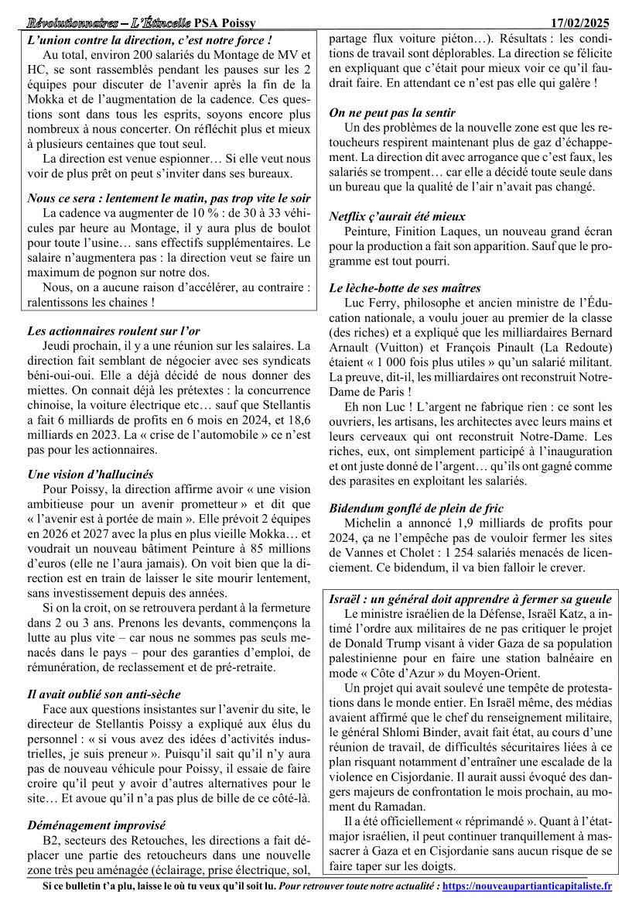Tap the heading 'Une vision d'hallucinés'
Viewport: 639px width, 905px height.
[x=90, y=474]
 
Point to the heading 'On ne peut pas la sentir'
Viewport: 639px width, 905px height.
[x=391, y=112]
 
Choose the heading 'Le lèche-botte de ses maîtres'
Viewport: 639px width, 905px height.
[x=405, y=288]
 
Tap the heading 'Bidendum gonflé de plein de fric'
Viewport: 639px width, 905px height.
[x=416, y=509]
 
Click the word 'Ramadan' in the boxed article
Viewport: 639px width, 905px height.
[x=374, y=806]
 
